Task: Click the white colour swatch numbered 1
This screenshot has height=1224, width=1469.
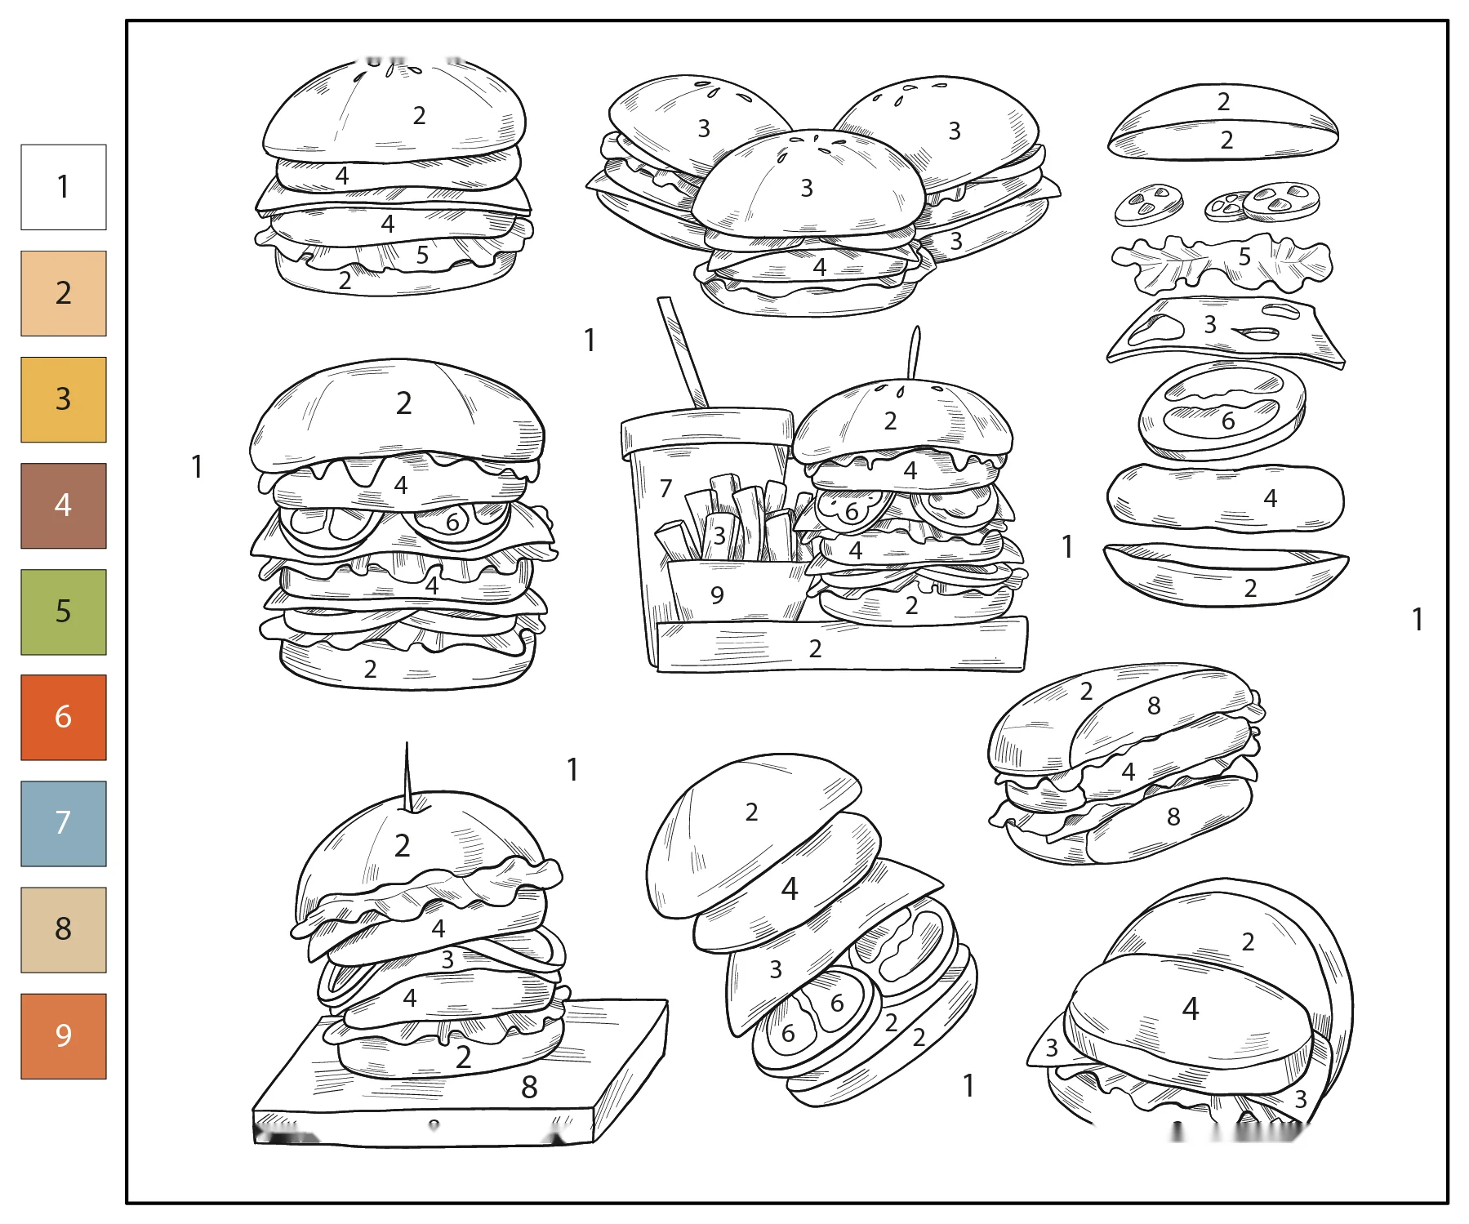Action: (64, 187)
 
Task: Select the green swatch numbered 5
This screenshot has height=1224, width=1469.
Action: (64, 612)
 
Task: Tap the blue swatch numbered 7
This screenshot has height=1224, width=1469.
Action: (64, 823)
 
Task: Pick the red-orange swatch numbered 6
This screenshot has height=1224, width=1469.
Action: (64, 717)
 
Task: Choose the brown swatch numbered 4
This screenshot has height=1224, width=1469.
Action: (64, 505)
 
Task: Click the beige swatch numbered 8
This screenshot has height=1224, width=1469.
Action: (64, 929)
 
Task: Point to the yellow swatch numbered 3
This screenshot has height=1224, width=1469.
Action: (64, 399)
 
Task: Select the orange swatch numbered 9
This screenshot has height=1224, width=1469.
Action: (64, 1035)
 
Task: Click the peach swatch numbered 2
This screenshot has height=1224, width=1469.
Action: (64, 293)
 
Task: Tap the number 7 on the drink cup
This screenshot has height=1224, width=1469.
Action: (666, 488)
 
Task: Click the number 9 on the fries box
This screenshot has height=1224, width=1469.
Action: (717, 595)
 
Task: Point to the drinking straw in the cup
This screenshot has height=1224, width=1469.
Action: (683, 353)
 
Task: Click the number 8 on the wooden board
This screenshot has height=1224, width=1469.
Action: (529, 1087)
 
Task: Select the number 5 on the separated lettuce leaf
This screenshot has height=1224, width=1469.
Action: (1244, 256)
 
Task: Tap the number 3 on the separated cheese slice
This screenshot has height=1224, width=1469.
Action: (1210, 324)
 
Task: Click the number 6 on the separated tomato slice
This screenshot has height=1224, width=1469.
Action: (1228, 421)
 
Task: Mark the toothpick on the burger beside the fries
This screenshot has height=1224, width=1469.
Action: (915, 353)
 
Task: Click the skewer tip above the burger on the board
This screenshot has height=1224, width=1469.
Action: (407, 743)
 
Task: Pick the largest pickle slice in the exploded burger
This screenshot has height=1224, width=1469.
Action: (1280, 201)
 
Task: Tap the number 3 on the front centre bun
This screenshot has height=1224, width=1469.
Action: (807, 189)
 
